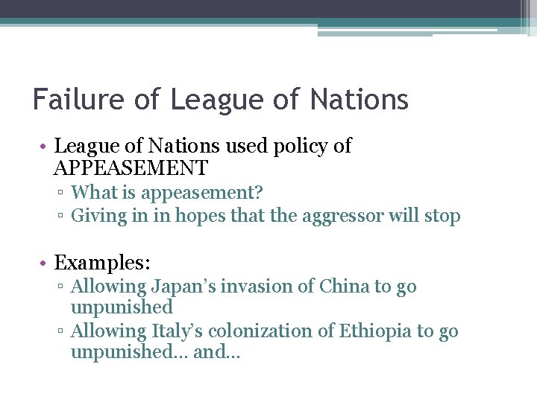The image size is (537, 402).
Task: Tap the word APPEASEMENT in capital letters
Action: click(x=131, y=167)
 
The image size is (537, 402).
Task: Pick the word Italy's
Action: click(x=179, y=331)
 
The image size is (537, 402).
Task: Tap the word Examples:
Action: click(x=103, y=262)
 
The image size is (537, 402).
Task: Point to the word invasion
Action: click(x=255, y=287)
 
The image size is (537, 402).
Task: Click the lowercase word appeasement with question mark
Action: click(x=201, y=194)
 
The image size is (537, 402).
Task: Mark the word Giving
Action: click(x=95, y=217)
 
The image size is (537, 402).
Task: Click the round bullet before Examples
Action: click(x=45, y=263)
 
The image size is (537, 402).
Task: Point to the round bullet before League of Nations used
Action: click(x=45, y=147)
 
